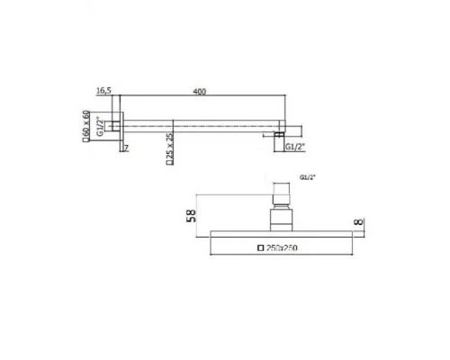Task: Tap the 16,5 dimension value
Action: pos(103,90)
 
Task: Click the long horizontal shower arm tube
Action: pos(198,122)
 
